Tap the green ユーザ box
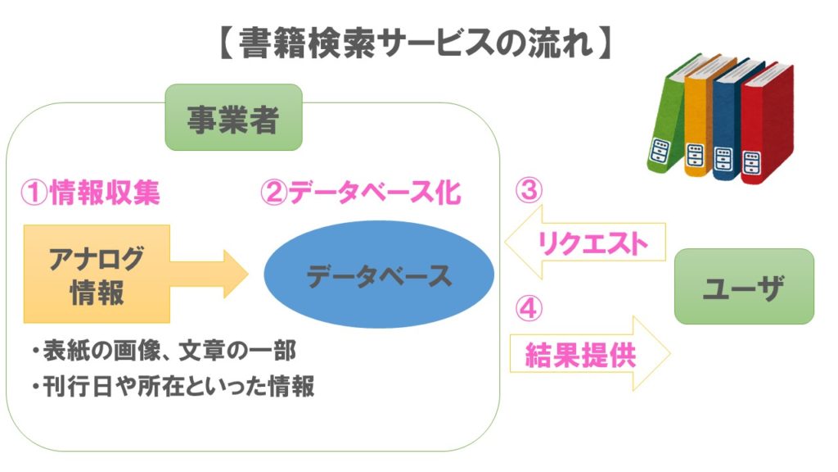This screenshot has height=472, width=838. (x=743, y=287)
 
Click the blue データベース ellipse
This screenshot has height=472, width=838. (x=379, y=276)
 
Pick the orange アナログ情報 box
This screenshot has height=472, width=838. (x=97, y=274)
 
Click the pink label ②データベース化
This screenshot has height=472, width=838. (x=360, y=193)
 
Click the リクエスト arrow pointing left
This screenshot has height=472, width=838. (x=585, y=242)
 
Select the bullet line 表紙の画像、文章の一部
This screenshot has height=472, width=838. (x=164, y=352)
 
